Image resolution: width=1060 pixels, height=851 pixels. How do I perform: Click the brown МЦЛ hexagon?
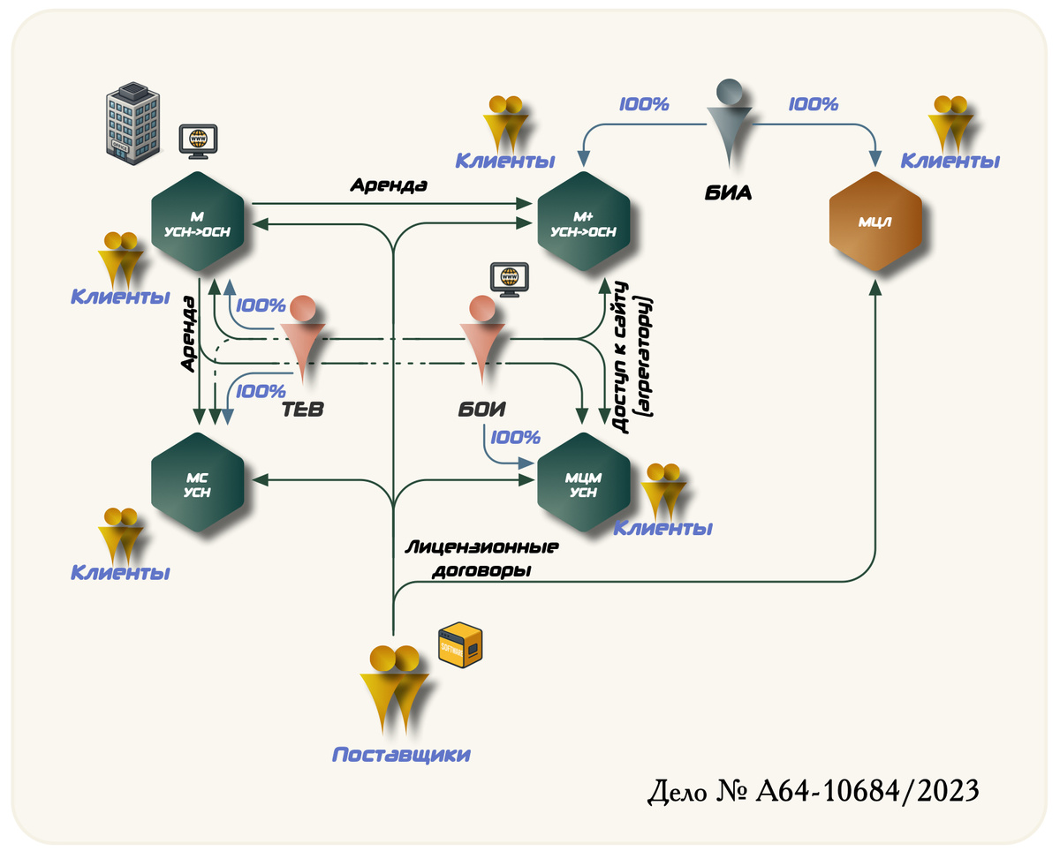point(875,222)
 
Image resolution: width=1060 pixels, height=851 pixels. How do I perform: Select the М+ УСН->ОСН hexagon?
point(584,222)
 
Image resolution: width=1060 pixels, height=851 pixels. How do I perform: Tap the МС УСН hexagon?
point(198,482)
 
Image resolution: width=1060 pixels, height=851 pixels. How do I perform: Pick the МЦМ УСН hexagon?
point(584,482)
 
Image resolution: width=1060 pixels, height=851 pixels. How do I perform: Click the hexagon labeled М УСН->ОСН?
point(198,222)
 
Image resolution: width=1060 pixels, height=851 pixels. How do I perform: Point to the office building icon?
point(132,123)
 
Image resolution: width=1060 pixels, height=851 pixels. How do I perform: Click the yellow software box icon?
point(460,644)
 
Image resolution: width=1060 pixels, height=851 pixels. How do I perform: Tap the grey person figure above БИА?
point(730,123)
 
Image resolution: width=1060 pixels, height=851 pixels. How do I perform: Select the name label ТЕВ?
point(302,410)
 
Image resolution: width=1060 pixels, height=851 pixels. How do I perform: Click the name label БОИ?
point(481,410)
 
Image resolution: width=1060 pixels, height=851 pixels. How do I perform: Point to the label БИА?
point(728,193)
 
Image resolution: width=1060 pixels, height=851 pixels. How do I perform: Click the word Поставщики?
point(401,755)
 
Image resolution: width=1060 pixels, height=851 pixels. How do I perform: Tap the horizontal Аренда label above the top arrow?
point(389,185)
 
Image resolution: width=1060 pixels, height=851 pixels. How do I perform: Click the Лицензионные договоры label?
point(481,559)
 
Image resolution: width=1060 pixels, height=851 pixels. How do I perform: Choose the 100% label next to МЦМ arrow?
point(515,437)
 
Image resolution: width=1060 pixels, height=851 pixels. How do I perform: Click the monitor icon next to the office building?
point(198,141)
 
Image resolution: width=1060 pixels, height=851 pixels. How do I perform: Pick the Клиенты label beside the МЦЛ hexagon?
point(950,161)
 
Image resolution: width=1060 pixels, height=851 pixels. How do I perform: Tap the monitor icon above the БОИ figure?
point(510,280)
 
